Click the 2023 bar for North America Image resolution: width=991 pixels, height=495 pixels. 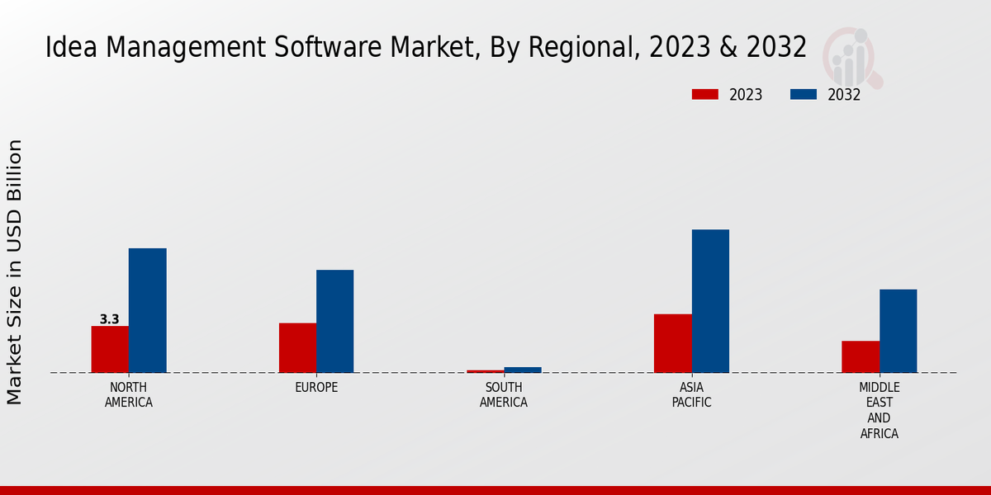[110, 349]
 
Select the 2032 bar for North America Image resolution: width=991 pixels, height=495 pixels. [147, 310]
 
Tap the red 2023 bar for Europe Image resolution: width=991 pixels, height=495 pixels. [297, 347]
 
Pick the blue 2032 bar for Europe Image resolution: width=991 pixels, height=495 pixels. [334, 321]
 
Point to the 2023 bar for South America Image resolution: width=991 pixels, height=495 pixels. [485, 371]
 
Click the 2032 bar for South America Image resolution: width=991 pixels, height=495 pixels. [523, 370]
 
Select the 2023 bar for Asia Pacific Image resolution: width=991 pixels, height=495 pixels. [672, 343]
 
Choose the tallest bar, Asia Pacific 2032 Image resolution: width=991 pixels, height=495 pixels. [710, 301]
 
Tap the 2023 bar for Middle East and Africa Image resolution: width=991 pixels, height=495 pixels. [861, 356]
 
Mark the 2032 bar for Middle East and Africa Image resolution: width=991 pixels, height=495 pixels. [898, 331]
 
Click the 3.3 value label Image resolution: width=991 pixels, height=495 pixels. [109, 319]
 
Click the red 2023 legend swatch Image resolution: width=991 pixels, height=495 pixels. [705, 95]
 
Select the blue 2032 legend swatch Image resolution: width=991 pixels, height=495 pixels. [804, 95]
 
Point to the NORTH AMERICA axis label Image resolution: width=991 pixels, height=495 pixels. [129, 395]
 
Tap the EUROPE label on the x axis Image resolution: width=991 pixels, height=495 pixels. [316, 388]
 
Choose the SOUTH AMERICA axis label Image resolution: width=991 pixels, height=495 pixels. [504, 395]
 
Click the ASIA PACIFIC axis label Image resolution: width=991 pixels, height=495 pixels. [691, 395]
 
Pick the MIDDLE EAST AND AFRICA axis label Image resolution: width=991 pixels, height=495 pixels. [880, 411]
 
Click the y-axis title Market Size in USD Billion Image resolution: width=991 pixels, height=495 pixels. [15, 272]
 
